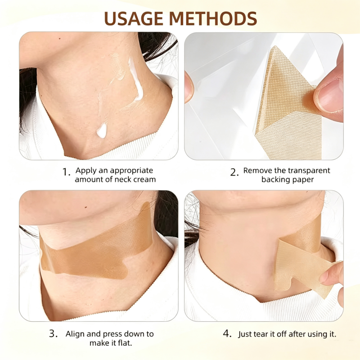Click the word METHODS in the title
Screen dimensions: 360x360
[x=213, y=18]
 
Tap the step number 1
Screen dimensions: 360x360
[x=66, y=172]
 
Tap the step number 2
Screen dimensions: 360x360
[x=234, y=172]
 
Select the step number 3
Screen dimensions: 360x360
[x=53, y=333]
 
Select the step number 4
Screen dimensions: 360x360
[x=227, y=333]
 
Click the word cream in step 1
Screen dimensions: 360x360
[x=144, y=179]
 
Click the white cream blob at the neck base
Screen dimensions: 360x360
[x=102, y=130]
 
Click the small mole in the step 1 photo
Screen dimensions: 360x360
[x=60, y=38]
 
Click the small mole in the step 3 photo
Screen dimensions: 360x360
[x=86, y=207]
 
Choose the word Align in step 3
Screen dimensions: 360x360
[x=74, y=334]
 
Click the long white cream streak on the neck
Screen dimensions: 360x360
[x=136, y=79]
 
